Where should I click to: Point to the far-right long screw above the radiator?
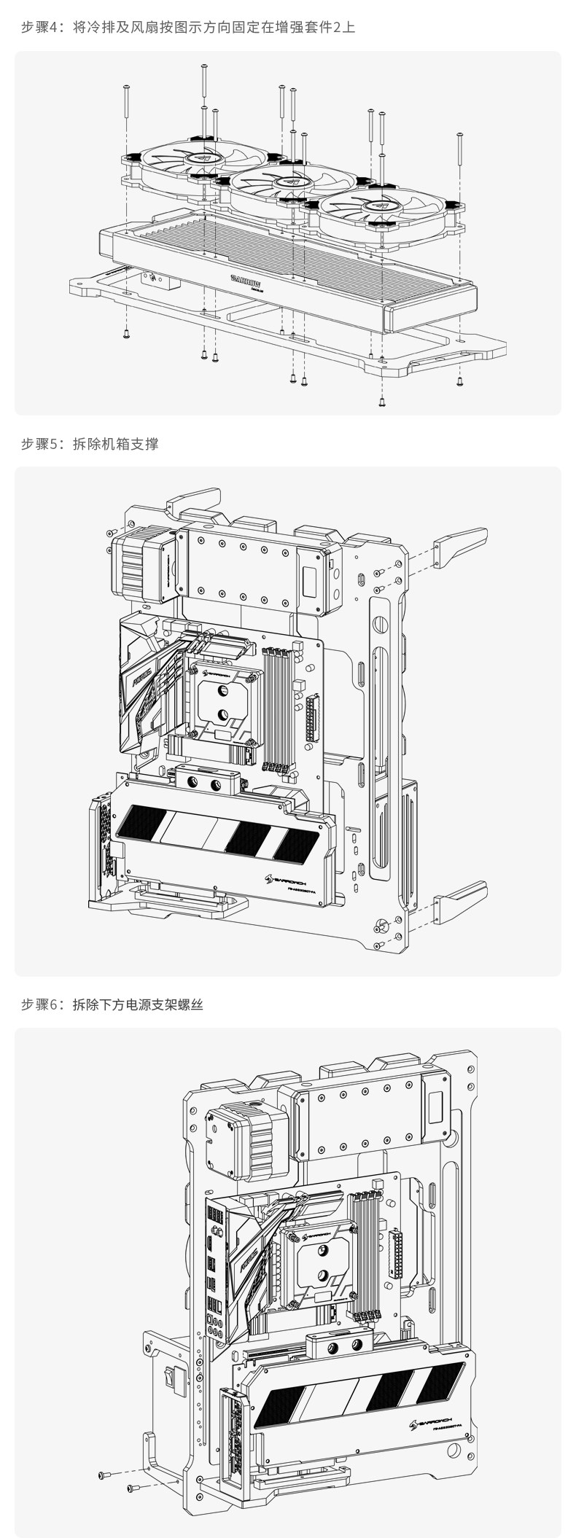(x=459, y=149)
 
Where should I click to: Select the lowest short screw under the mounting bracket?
(x=381, y=400)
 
